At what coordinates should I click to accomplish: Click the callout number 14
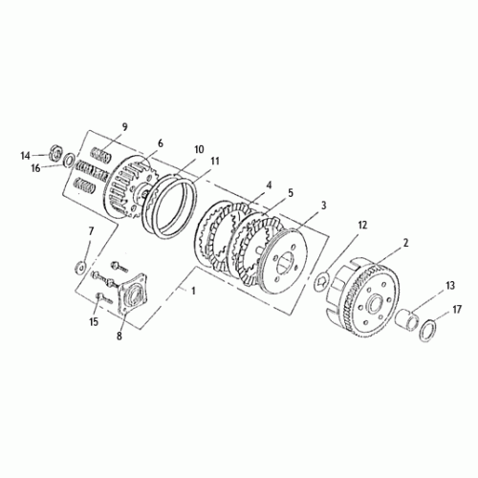coord(26,154)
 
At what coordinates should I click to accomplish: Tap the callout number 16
coord(35,167)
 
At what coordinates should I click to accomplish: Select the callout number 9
coord(123,127)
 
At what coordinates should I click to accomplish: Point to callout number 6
coord(160,143)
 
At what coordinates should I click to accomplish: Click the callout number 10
coord(199,149)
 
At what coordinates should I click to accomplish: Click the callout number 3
coord(324,205)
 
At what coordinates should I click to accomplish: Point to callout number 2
coord(405,243)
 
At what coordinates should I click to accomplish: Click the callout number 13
coord(450,285)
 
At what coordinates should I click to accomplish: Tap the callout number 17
coord(457,309)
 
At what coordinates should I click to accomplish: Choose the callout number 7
coord(91,231)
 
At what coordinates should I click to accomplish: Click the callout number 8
coord(120,336)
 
